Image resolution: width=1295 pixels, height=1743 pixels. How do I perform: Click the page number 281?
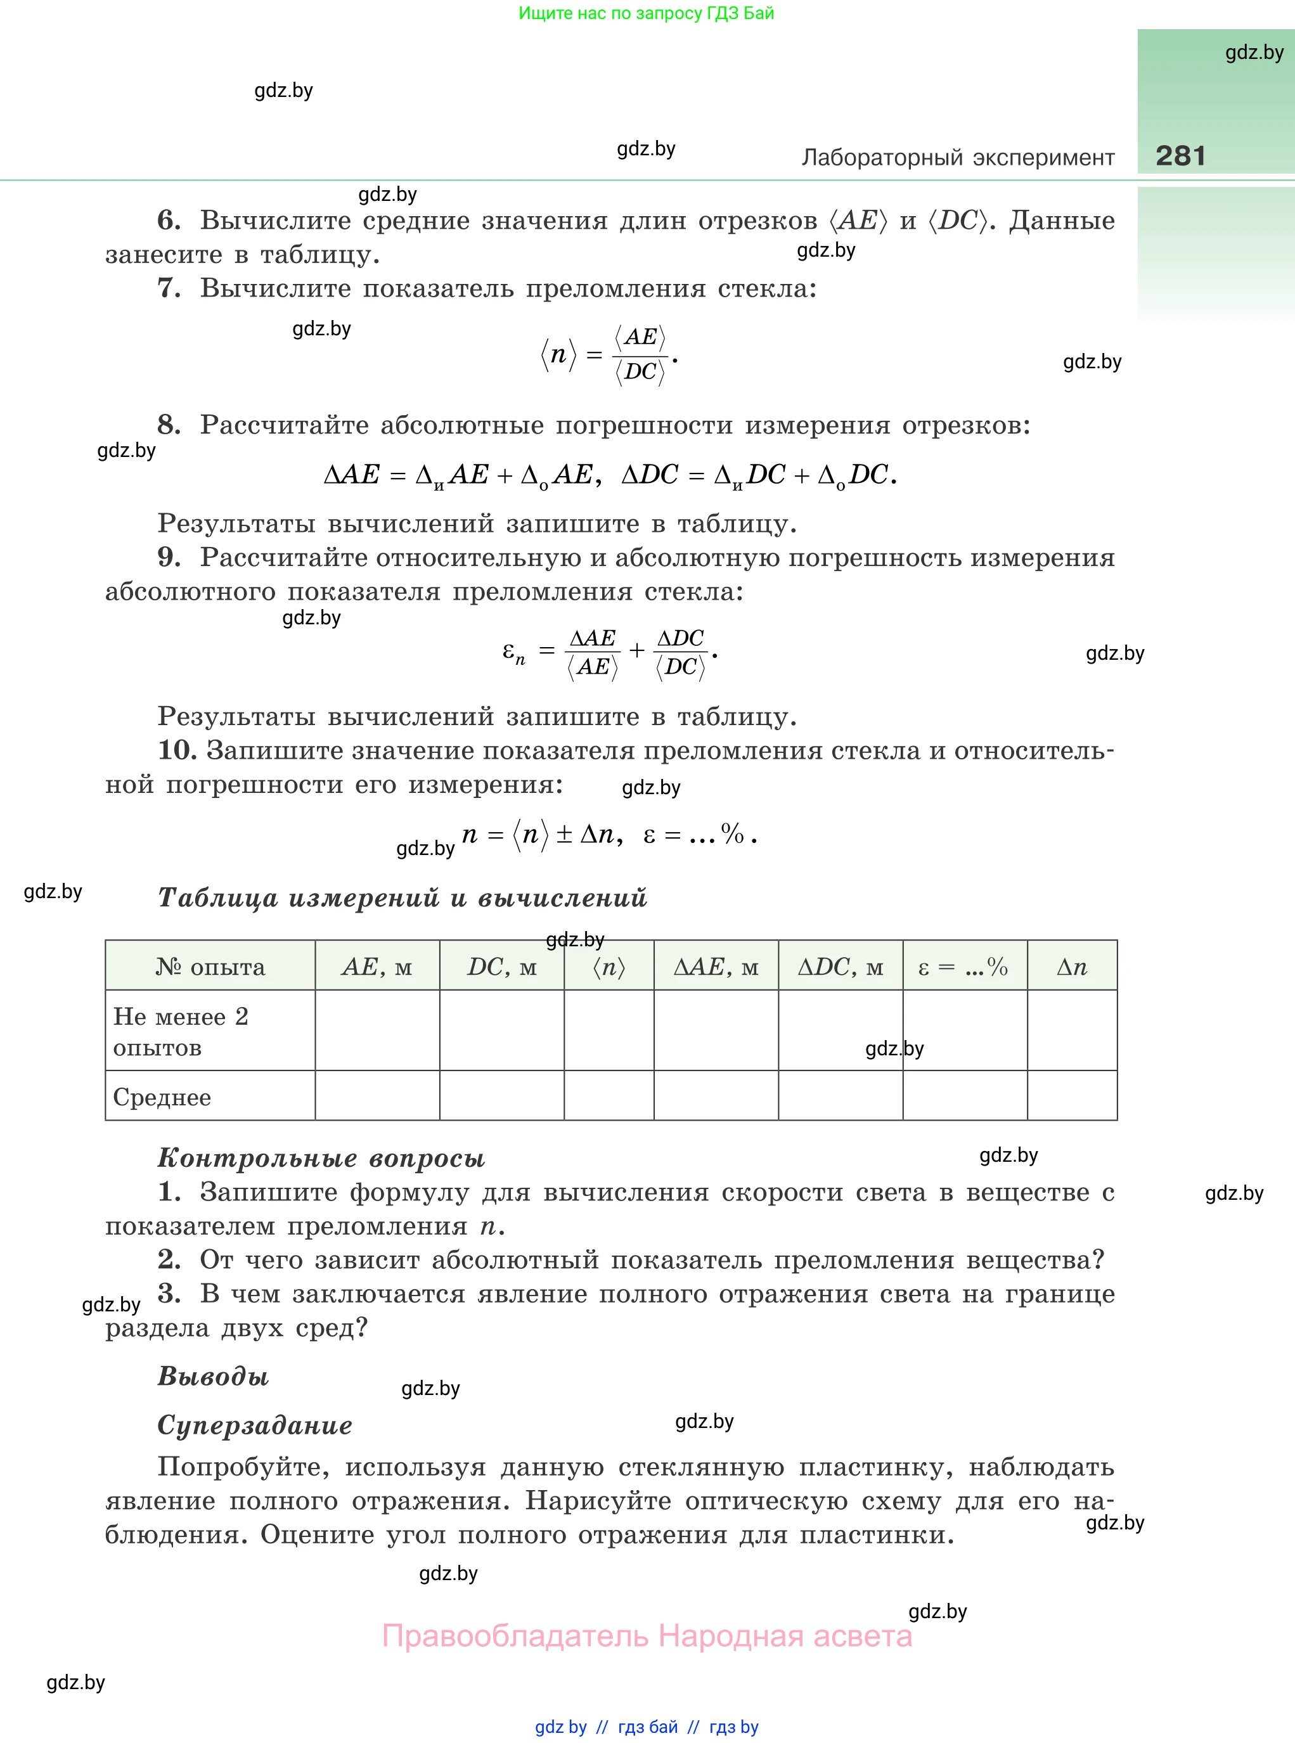point(1180,155)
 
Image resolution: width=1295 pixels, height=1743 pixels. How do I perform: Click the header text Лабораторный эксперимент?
point(957,158)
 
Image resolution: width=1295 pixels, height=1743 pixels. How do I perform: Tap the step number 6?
point(169,220)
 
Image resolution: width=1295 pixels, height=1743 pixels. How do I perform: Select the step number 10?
point(177,750)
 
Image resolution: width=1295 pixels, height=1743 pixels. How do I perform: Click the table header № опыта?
point(210,967)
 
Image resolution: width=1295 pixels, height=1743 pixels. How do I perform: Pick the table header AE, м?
point(377,967)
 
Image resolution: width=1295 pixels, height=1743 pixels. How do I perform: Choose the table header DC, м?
point(501,967)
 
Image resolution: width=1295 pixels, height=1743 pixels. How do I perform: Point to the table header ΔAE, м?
point(716,967)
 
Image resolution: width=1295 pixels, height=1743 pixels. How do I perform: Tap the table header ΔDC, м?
point(841,967)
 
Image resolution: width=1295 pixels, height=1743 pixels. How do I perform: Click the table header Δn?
point(1072,967)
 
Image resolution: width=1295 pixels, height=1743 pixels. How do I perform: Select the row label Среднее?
point(162,1097)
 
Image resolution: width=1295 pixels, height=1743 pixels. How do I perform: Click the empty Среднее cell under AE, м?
point(377,1096)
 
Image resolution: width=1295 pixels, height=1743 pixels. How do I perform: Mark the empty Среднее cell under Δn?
point(1072,1096)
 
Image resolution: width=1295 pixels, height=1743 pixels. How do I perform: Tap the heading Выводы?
point(213,1375)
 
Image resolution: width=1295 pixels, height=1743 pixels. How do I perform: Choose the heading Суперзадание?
point(255,1425)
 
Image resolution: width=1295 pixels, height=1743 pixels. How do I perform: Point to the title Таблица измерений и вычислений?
point(402,897)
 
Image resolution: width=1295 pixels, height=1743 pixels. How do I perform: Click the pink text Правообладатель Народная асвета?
point(647,1637)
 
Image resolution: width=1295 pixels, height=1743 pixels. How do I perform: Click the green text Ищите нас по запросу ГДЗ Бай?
point(646,13)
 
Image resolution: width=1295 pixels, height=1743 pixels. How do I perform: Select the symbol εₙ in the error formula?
point(513,652)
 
